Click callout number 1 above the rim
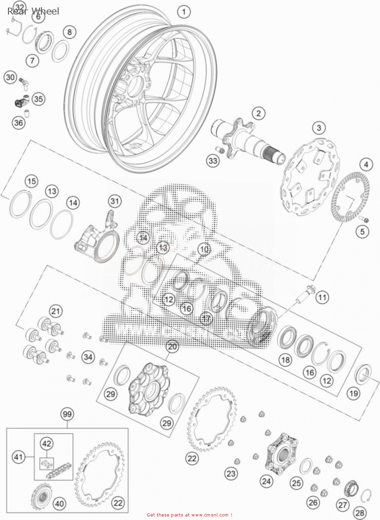click(x=184, y=12)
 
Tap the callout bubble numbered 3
click(x=319, y=128)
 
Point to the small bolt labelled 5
click(x=365, y=219)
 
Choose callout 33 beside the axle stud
click(x=213, y=161)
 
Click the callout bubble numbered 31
click(x=115, y=201)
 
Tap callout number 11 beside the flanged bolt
click(x=322, y=297)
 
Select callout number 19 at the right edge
click(x=353, y=393)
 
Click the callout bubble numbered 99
click(x=67, y=414)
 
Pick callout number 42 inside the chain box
click(x=47, y=443)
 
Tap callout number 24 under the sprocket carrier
click(x=267, y=481)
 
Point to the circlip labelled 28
click(x=366, y=496)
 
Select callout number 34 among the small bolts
click(x=88, y=357)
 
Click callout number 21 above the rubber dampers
click(x=56, y=311)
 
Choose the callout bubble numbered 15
click(x=31, y=181)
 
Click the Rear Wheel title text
click(x=33, y=11)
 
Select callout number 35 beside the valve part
click(x=38, y=99)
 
